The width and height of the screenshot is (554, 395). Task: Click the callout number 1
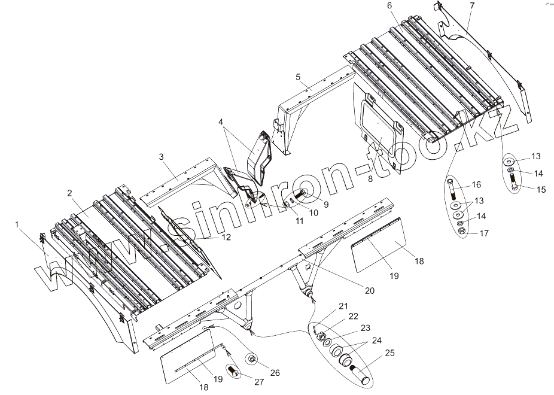pyautogui.click(x=17, y=224)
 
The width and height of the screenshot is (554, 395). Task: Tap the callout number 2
pyautogui.click(x=70, y=193)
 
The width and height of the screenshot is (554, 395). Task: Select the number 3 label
pyautogui.click(x=162, y=156)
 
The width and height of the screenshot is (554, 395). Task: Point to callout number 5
pyautogui.click(x=297, y=77)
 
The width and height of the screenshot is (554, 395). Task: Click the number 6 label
pyautogui.click(x=389, y=6)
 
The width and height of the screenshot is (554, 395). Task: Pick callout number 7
pyautogui.click(x=472, y=6)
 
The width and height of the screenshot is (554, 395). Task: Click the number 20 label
pyautogui.click(x=369, y=291)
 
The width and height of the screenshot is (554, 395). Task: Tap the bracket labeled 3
pyautogui.click(x=179, y=180)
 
